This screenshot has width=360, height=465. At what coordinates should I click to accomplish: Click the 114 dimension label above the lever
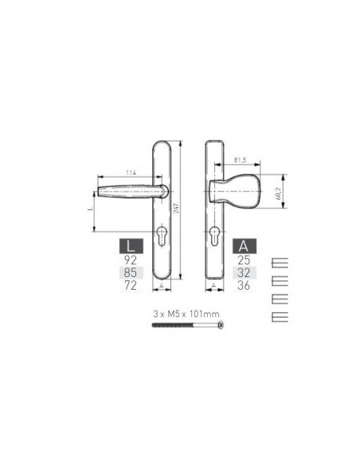(x=131, y=173)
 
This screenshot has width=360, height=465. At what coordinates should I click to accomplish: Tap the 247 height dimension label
(x=177, y=208)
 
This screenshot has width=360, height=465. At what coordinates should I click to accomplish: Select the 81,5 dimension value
(x=240, y=160)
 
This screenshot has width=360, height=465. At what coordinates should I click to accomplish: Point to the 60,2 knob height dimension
(x=278, y=193)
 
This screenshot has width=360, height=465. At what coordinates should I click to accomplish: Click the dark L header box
(x=131, y=246)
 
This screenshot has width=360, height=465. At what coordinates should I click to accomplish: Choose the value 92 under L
(x=131, y=260)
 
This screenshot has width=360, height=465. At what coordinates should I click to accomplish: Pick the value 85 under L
(x=131, y=272)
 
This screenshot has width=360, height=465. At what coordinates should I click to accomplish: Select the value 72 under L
(x=131, y=285)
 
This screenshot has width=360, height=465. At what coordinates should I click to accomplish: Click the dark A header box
(x=245, y=246)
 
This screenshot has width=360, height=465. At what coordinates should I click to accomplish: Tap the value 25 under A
(x=244, y=260)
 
